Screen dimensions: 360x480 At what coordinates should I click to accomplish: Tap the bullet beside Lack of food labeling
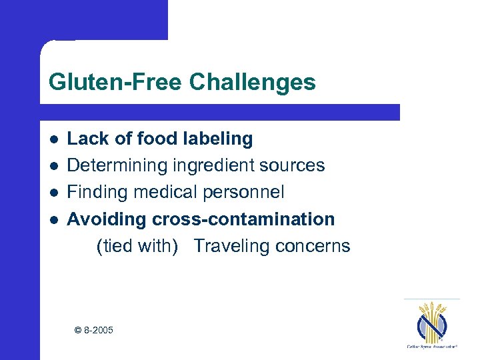tap(53, 139)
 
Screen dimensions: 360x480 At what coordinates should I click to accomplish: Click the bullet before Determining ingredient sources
tap(53, 166)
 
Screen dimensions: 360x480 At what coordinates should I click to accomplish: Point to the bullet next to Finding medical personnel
tap(53, 193)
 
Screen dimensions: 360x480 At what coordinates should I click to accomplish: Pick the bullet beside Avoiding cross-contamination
tap(53, 219)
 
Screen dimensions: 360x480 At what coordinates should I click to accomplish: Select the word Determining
tap(118, 166)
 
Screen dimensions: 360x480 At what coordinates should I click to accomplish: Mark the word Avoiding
tap(107, 219)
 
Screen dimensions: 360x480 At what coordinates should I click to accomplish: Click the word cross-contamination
tap(243, 219)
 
